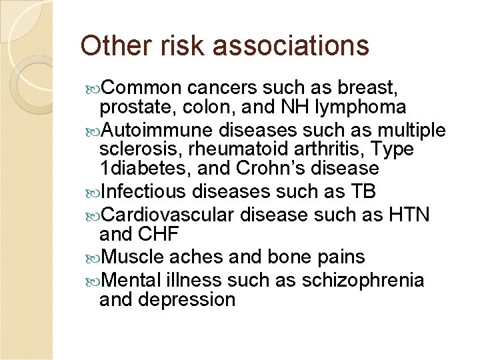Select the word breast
coord(374,88)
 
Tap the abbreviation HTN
coord(407,214)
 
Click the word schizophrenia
coord(363,279)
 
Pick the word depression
coord(188,299)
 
